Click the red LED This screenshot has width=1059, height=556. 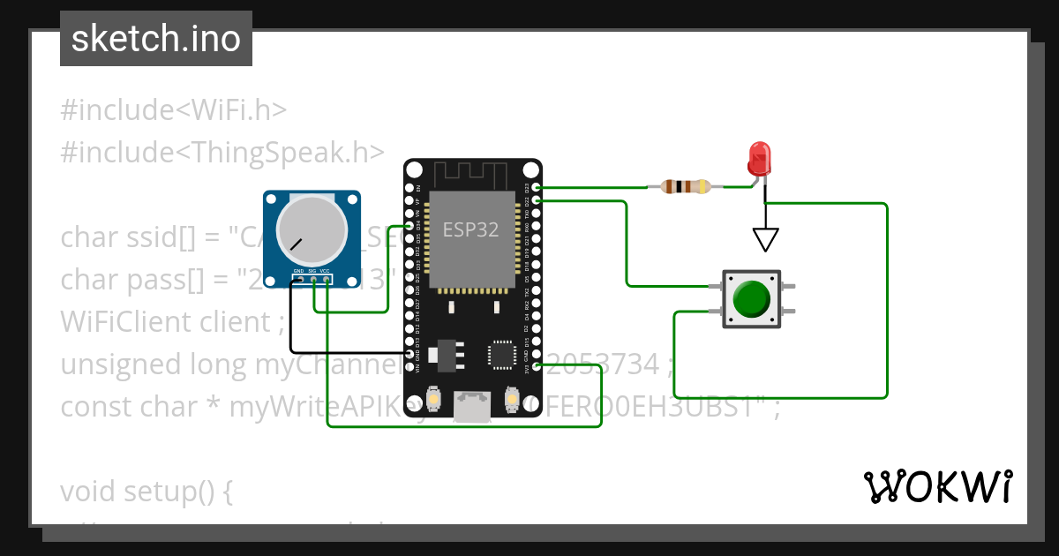[758, 160]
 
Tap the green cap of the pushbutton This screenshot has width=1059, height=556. [752, 299]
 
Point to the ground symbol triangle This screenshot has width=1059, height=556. [765, 239]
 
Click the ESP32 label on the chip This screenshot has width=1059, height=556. [470, 230]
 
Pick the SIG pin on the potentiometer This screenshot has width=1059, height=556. [313, 280]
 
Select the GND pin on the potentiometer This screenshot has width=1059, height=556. [300, 280]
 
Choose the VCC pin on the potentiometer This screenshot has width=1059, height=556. [327, 280]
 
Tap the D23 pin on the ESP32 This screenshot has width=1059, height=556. [537, 188]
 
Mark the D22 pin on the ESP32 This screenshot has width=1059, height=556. [537, 201]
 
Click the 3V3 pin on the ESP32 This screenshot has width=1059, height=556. [537, 366]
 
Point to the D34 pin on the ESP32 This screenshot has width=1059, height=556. [409, 226]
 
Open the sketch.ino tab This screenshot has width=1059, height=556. [156, 39]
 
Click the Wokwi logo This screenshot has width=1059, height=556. [937, 486]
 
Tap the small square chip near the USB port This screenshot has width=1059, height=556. [500, 355]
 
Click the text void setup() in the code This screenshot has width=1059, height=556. [146, 491]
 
